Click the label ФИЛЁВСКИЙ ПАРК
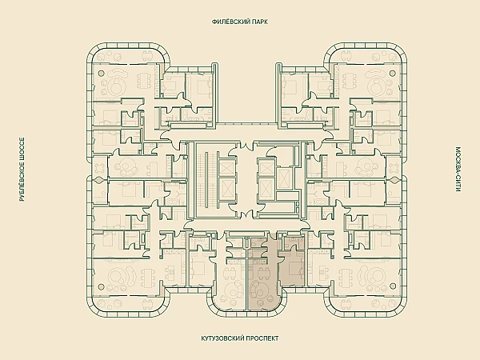[240, 22]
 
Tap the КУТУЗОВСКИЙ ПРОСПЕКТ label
[240, 338]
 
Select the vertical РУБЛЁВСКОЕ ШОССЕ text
[22, 170]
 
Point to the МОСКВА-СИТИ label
[458, 170]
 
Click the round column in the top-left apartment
[100, 73]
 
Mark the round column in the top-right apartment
[393, 73]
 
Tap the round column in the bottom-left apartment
[100, 286]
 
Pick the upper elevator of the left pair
[226, 167]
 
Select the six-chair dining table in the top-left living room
[145, 81]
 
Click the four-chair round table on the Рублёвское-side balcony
[100, 168]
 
